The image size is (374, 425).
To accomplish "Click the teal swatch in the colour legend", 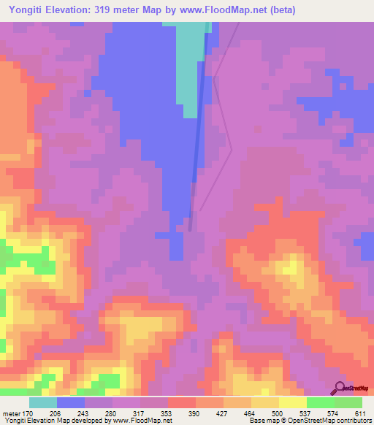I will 43,402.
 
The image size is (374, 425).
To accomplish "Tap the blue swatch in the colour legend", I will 71,402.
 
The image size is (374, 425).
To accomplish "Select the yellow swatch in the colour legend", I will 292,402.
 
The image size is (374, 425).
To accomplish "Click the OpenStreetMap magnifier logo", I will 340,387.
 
